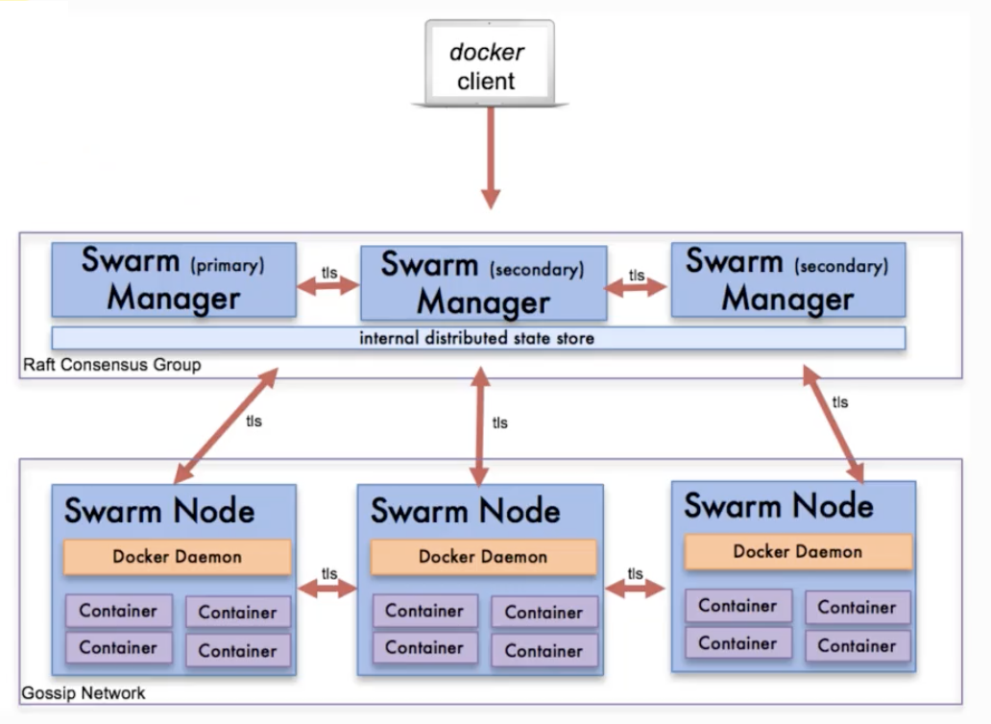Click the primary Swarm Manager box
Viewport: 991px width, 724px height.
click(x=174, y=279)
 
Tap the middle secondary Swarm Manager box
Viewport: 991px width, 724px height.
click(x=483, y=283)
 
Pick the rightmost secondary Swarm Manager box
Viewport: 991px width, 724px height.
click(x=787, y=279)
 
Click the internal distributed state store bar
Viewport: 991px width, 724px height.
click(x=477, y=338)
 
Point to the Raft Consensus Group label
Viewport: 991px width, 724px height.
click(x=112, y=365)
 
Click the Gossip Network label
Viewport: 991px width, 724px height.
click(x=84, y=692)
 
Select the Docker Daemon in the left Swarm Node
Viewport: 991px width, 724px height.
click(x=177, y=557)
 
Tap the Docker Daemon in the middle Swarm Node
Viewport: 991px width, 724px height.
click(x=483, y=557)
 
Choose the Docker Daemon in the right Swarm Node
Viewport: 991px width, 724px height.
click(x=797, y=552)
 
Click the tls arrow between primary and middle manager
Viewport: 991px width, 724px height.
click(x=328, y=286)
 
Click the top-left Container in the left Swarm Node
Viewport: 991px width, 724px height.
click(x=118, y=611)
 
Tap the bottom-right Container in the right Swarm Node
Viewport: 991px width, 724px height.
click(x=857, y=645)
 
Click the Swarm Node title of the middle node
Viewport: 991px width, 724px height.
click(x=466, y=511)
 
